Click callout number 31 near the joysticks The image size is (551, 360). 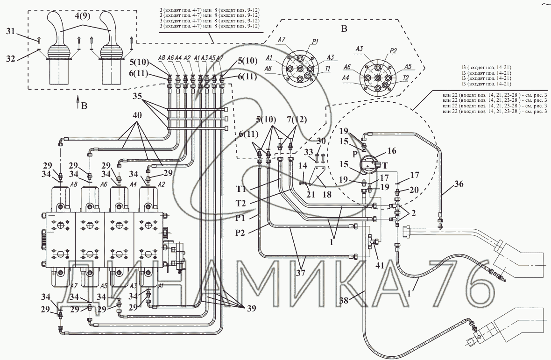(10, 31)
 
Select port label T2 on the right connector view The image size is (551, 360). (405, 78)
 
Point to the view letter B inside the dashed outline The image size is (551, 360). (345, 29)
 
